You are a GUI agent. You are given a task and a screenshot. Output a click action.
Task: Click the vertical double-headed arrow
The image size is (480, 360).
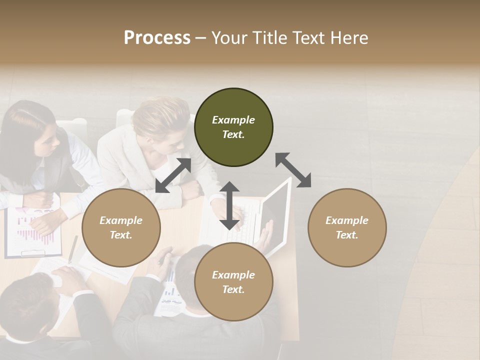229,206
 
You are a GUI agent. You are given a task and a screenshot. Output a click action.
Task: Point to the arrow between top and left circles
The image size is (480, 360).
173,175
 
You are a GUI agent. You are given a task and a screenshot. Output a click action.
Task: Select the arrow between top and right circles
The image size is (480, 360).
293,170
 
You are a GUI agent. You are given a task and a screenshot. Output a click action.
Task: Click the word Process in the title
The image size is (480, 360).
157,38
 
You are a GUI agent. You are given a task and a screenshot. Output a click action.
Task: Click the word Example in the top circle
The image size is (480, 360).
233,120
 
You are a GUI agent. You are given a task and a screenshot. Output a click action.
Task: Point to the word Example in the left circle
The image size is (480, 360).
121,220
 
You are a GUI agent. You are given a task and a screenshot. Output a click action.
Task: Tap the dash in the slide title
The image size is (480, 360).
201,38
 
